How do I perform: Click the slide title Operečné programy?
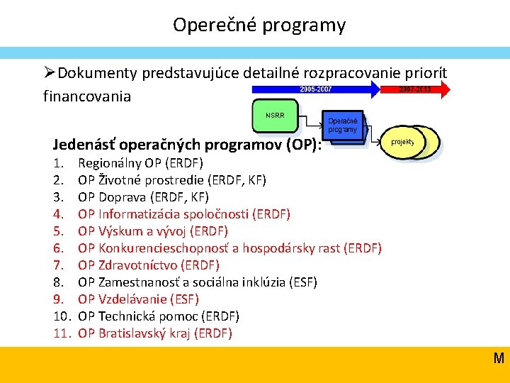click(259, 26)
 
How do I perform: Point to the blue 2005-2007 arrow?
click(315, 89)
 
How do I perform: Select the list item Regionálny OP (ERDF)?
click(140, 162)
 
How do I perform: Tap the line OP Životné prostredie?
click(172, 179)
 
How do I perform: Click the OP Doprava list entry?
click(144, 196)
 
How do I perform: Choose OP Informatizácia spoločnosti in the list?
click(184, 213)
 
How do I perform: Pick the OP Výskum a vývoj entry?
click(153, 231)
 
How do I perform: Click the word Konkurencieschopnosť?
click(160, 248)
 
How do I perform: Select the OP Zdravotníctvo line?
click(149, 265)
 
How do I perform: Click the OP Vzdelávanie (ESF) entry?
click(138, 299)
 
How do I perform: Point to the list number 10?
click(61, 316)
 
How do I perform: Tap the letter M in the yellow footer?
click(499, 358)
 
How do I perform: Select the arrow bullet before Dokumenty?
click(49, 72)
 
